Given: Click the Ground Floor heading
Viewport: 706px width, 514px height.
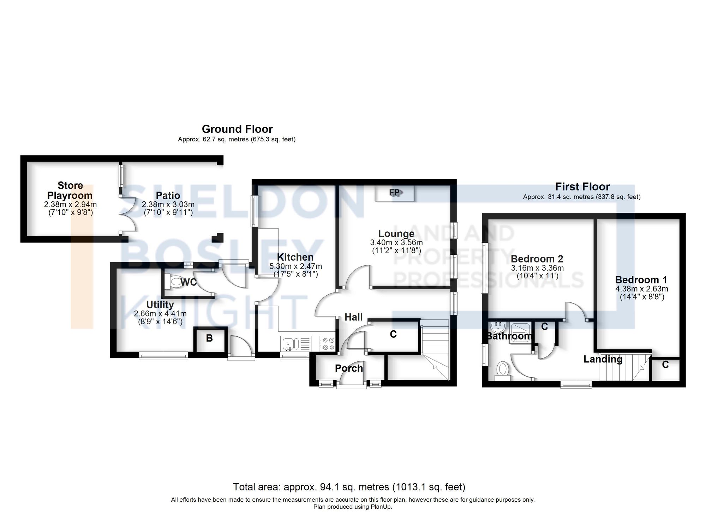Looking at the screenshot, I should click(x=237, y=129).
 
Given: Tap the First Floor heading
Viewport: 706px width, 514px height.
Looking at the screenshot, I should click(x=582, y=187).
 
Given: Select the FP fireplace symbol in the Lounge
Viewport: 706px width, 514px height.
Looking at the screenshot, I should click(x=395, y=193).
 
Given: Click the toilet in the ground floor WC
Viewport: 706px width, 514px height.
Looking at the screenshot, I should click(x=175, y=282).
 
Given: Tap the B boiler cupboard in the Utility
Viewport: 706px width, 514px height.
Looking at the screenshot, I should click(x=209, y=338).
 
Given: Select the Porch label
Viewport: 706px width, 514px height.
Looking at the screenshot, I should click(x=349, y=368).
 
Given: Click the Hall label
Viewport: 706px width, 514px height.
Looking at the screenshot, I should click(x=353, y=317).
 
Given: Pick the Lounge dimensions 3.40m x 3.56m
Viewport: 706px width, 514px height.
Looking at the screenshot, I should click(x=396, y=243).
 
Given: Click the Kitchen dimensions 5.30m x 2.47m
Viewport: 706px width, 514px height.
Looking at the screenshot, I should click(x=295, y=266).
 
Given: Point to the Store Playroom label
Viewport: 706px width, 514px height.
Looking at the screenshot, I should click(x=70, y=190).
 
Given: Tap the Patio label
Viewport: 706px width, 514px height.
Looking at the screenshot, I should click(x=168, y=195).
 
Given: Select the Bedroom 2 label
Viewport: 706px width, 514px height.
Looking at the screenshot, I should click(x=537, y=259).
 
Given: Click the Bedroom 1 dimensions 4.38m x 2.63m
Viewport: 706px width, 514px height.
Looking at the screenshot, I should click(x=641, y=289).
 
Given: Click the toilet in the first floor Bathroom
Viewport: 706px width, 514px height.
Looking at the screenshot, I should click(x=502, y=370).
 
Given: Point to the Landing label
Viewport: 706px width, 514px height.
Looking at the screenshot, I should click(x=603, y=359).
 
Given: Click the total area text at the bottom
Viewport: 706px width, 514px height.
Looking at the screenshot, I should click(x=349, y=487).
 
